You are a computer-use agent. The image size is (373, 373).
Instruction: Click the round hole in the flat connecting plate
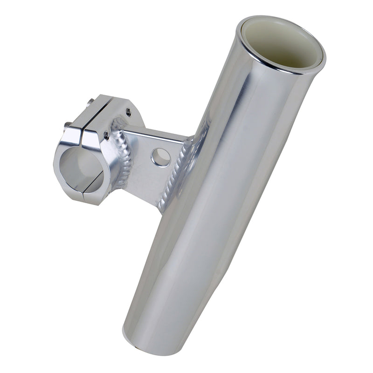160,157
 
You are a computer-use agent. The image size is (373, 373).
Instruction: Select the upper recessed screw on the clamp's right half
128,111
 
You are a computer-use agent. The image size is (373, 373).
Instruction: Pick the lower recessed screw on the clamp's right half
107,136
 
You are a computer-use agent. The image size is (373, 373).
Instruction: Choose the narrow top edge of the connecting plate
154,131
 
